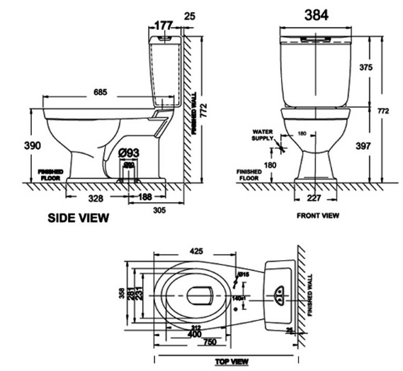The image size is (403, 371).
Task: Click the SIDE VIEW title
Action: coord(79,218)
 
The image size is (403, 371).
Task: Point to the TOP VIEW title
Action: coord(232,362)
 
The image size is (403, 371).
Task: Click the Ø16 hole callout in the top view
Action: coord(243,274)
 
